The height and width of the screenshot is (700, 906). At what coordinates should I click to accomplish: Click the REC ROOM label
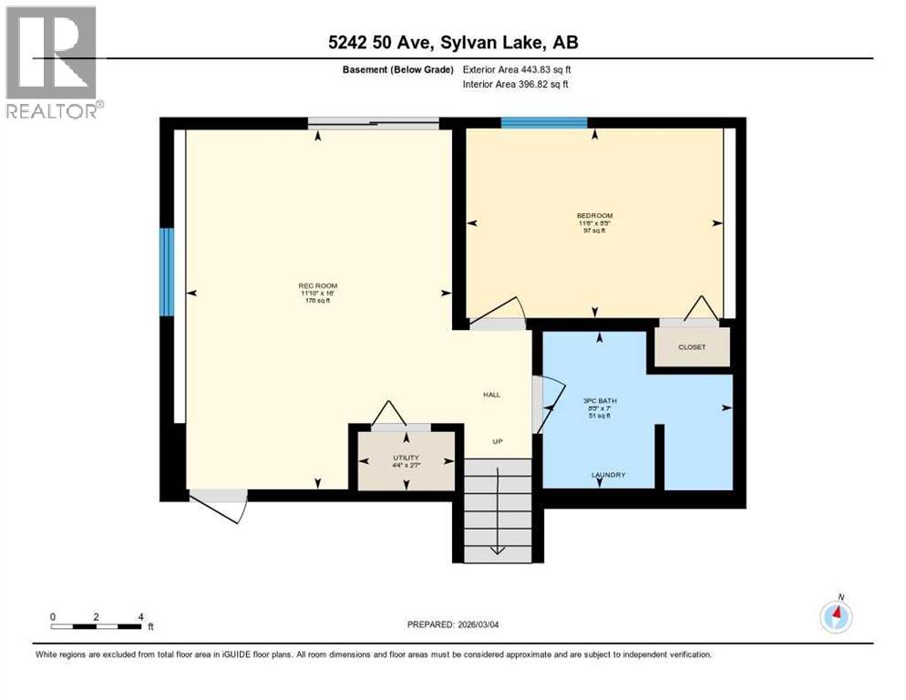314,285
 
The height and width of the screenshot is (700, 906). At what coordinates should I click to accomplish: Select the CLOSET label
692,347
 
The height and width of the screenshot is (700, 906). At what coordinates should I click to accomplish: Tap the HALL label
492,395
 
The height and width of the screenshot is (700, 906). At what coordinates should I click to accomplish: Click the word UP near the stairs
498,441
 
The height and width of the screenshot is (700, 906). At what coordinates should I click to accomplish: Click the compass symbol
836,616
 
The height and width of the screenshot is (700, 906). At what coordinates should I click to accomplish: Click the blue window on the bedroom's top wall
544,123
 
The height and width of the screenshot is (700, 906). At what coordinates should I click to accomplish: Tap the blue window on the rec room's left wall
167,272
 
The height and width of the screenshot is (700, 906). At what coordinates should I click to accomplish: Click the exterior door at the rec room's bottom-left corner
219,504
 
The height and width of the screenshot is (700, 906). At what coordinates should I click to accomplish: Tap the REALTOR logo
53,62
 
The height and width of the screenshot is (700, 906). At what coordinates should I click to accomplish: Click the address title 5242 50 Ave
453,42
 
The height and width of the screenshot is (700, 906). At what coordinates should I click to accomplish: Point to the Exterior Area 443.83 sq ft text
517,69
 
